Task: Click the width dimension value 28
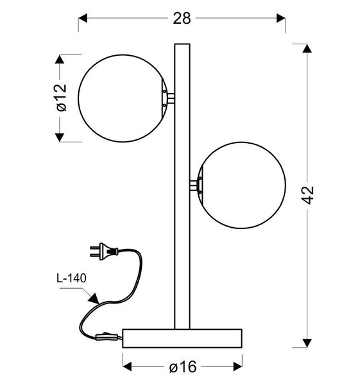pyautogui.click(x=182, y=19)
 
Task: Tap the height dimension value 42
pyautogui.click(x=307, y=195)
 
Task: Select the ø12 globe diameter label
pyautogui.click(x=62, y=98)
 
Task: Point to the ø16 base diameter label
pyautogui.click(x=183, y=366)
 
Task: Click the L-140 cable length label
pyautogui.click(x=71, y=278)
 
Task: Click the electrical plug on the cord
pyautogui.click(x=104, y=251)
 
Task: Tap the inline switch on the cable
pyautogui.click(x=107, y=336)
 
